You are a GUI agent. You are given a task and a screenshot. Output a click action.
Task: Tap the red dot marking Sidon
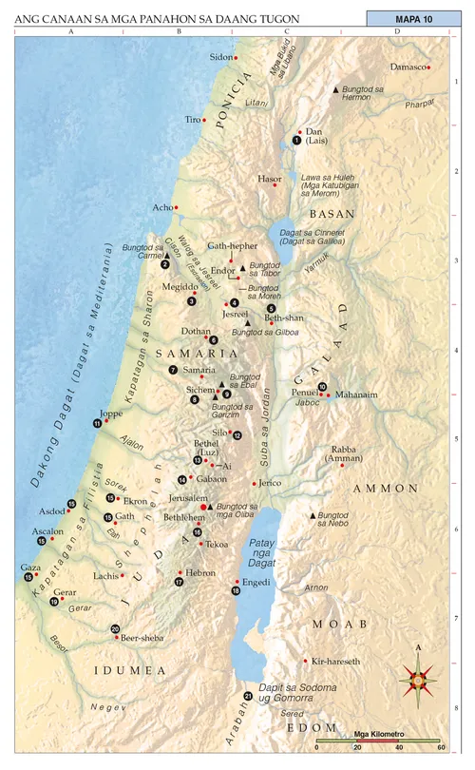coord(236,58)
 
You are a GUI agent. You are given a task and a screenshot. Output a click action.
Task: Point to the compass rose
coord(417,677)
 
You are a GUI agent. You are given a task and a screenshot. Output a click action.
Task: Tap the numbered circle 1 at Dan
coord(296,140)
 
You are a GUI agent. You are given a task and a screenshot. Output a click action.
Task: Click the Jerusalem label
coord(188,497)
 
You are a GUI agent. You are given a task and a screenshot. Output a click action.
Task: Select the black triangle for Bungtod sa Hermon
coord(334,88)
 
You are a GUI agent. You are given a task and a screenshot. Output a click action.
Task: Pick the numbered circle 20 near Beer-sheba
coord(115,628)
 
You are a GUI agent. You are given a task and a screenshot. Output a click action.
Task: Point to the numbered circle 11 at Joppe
coord(97,423)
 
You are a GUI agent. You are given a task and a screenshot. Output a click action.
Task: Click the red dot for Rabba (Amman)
coord(342,465)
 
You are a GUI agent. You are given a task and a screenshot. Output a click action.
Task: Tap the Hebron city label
coord(200,573)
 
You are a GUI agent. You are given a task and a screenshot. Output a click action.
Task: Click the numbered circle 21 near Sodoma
coord(248,696)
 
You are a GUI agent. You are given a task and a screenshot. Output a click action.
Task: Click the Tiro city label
coord(193,120)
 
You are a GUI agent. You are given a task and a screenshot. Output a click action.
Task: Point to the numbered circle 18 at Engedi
coord(236,591)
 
